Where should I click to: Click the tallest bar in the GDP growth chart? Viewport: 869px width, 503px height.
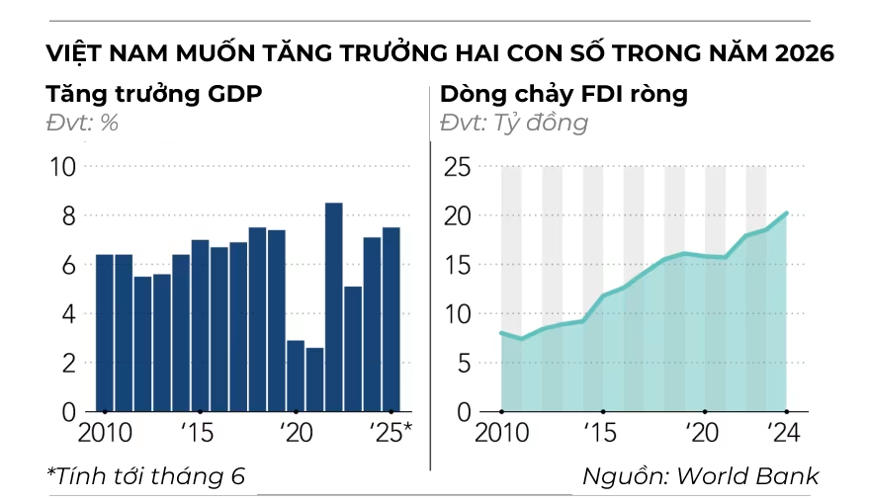(x=334, y=306)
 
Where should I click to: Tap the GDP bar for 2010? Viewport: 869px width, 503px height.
(x=104, y=332)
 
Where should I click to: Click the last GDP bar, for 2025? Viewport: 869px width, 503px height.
(x=391, y=319)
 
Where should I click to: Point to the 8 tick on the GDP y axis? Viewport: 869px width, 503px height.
(x=62, y=215)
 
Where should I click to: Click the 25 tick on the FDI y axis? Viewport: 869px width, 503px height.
(x=456, y=167)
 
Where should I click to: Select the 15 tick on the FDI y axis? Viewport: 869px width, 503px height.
(x=456, y=265)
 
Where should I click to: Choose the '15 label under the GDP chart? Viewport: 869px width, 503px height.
(x=199, y=434)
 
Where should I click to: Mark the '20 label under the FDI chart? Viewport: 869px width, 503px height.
(x=701, y=434)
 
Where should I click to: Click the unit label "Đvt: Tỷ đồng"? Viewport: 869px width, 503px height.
(x=513, y=124)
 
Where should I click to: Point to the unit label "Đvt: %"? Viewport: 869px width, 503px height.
(x=82, y=124)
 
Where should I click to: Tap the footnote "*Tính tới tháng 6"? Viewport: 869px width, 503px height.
(x=145, y=475)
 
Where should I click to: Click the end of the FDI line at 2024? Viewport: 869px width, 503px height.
(x=786, y=212)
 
